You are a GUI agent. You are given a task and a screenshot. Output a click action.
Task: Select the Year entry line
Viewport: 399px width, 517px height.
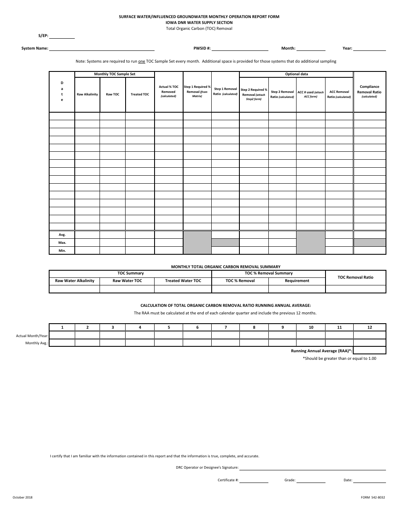point(369,48)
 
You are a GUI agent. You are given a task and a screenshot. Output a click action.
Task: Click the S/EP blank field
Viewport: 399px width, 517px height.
point(62,36)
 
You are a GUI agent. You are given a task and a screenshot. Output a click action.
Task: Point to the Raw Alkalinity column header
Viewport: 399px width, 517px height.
point(87,95)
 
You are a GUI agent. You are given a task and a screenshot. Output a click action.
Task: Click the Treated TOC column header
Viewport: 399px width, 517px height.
point(140,95)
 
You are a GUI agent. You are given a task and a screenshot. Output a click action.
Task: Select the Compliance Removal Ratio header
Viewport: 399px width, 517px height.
point(370,92)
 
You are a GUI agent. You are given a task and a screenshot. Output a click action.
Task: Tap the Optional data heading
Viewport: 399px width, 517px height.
point(297,74)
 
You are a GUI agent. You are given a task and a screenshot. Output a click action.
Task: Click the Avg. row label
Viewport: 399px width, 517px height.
point(62,235)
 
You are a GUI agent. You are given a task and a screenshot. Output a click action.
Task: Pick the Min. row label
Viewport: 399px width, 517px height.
point(62,251)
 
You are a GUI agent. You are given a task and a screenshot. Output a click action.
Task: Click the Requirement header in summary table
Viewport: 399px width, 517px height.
point(297,281)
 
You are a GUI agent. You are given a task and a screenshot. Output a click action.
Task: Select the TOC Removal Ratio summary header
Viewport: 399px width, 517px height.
point(356,277)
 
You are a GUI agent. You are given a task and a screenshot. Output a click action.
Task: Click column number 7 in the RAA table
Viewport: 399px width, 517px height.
point(226,327)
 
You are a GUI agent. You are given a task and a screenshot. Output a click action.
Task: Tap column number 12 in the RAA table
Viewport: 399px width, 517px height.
point(370,327)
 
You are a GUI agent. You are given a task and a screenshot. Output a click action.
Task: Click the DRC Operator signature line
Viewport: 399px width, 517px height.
point(312,467)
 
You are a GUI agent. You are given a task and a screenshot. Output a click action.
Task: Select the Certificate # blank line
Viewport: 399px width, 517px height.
point(254,480)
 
